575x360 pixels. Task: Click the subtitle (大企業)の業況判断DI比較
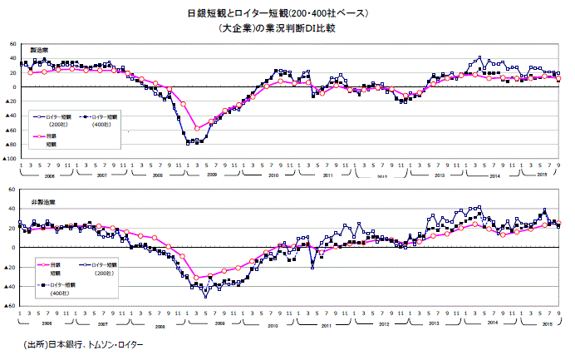click(287, 28)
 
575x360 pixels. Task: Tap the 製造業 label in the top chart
click(38, 52)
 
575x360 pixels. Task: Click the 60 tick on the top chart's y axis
click(12, 43)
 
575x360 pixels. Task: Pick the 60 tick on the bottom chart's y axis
click(12, 190)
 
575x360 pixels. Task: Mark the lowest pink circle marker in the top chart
click(197, 128)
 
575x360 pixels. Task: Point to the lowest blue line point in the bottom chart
click(205, 296)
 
